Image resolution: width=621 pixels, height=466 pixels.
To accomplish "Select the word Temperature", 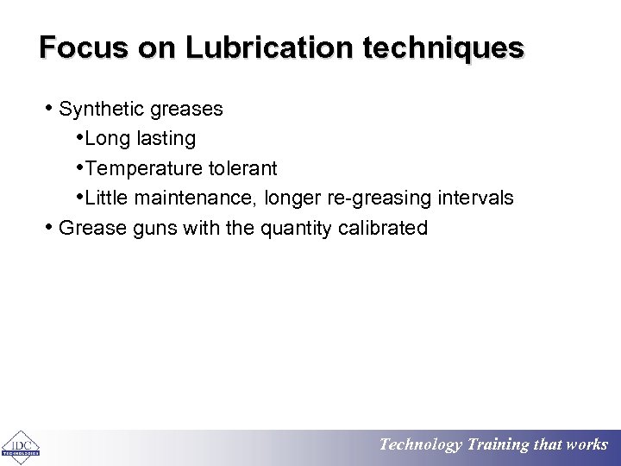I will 147,168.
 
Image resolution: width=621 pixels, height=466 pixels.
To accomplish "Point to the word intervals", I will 477,198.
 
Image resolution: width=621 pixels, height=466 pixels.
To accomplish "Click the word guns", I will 149,228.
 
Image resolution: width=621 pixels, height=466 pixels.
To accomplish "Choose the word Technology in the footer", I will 420,445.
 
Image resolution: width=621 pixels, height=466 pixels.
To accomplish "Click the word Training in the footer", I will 498,445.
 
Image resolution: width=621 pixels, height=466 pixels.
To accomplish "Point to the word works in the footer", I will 586,445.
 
